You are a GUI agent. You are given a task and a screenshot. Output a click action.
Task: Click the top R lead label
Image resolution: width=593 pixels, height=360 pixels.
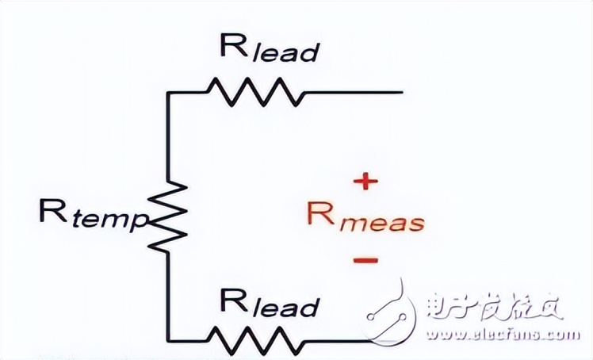point(269,50)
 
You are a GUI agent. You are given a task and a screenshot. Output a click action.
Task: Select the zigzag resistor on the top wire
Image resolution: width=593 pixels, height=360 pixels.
point(254,92)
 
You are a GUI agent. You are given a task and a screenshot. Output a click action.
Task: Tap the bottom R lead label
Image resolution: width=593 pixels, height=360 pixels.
point(269,303)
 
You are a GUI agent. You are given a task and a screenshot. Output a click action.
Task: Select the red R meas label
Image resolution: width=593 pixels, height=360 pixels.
point(365,219)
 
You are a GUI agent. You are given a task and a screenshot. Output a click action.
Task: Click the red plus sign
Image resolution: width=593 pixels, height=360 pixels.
point(364,182)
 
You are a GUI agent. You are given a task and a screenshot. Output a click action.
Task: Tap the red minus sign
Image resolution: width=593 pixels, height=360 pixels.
point(365,260)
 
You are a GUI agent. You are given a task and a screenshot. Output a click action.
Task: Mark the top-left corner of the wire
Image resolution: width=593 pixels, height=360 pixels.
point(168,93)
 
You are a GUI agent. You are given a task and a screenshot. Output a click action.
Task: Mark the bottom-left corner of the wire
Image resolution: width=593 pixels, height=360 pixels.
point(168,340)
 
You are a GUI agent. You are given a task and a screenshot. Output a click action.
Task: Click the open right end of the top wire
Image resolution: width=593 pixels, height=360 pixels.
point(401,93)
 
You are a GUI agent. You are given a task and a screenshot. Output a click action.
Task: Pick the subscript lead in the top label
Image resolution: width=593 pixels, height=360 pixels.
point(283,53)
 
